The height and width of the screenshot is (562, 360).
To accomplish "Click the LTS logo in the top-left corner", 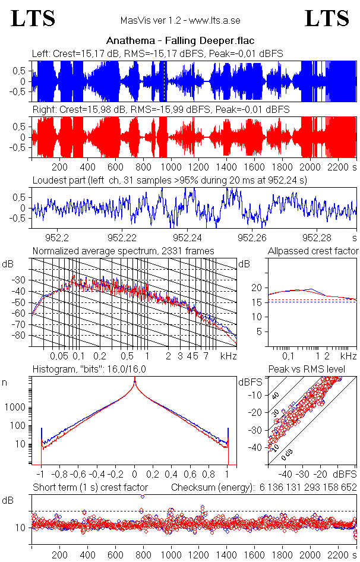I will click(33, 18).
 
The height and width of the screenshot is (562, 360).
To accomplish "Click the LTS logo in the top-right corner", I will click(327, 18).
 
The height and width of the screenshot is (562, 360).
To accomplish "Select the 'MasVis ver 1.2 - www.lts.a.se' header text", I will click(180, 21).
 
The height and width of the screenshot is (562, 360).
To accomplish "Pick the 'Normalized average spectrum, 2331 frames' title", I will click(123, 251).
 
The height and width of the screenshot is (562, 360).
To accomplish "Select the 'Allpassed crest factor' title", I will click(313, 251).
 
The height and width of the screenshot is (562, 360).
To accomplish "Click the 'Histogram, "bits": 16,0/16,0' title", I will click(91, 370).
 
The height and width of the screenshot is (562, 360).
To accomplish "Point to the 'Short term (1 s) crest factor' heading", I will click(90, 487).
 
